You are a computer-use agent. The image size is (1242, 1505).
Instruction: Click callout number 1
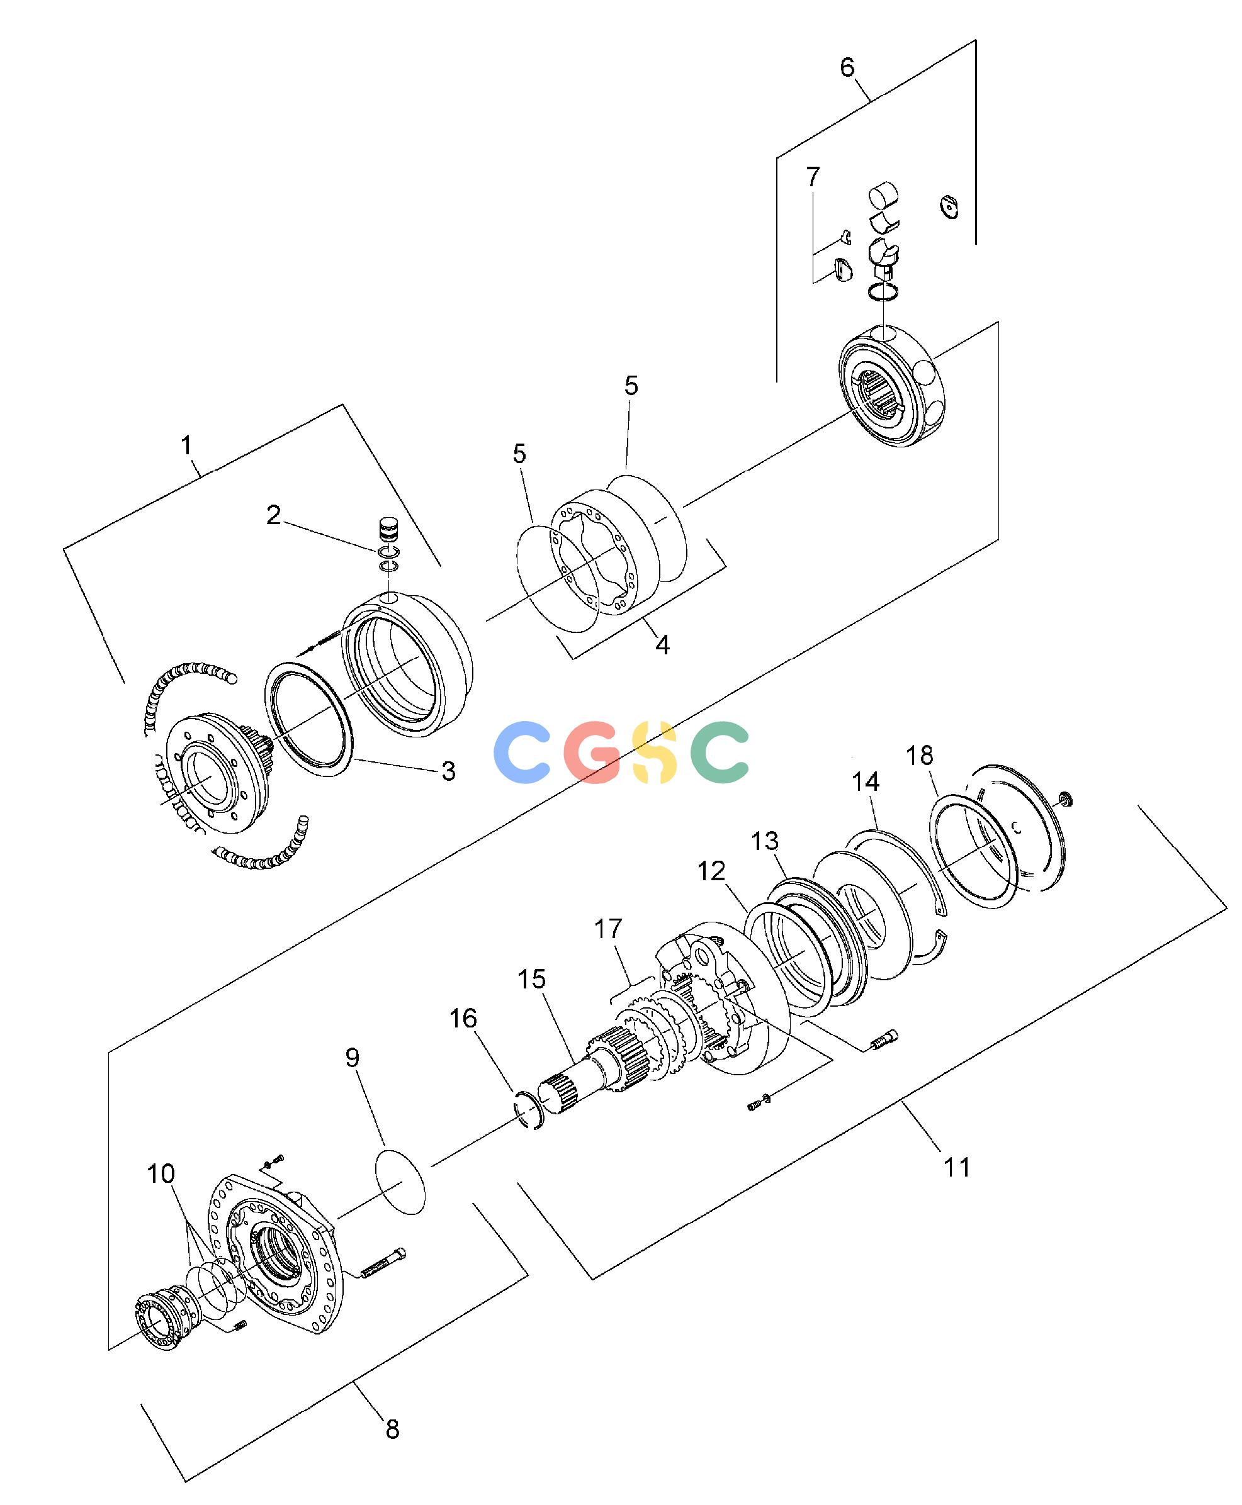[187, 445]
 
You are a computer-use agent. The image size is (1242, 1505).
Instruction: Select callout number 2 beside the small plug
[273, 515]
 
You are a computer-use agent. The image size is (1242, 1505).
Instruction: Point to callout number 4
[662, 645]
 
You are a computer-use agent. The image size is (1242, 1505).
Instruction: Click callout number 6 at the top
[847, 67]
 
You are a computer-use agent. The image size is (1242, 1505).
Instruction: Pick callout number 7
[813, 177]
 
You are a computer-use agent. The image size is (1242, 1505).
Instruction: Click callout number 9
[352, 1058]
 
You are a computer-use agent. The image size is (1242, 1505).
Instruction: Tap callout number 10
[161, 1173]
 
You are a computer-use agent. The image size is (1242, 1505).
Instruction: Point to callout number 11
[957, 1168]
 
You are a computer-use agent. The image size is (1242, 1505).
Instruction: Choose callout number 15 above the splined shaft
[531, 979]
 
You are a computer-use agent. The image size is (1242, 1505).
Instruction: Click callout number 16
[463, 1018]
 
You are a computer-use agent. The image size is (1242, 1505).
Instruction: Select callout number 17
[608, 929]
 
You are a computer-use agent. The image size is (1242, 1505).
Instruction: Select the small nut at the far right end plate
[1064, 798]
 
